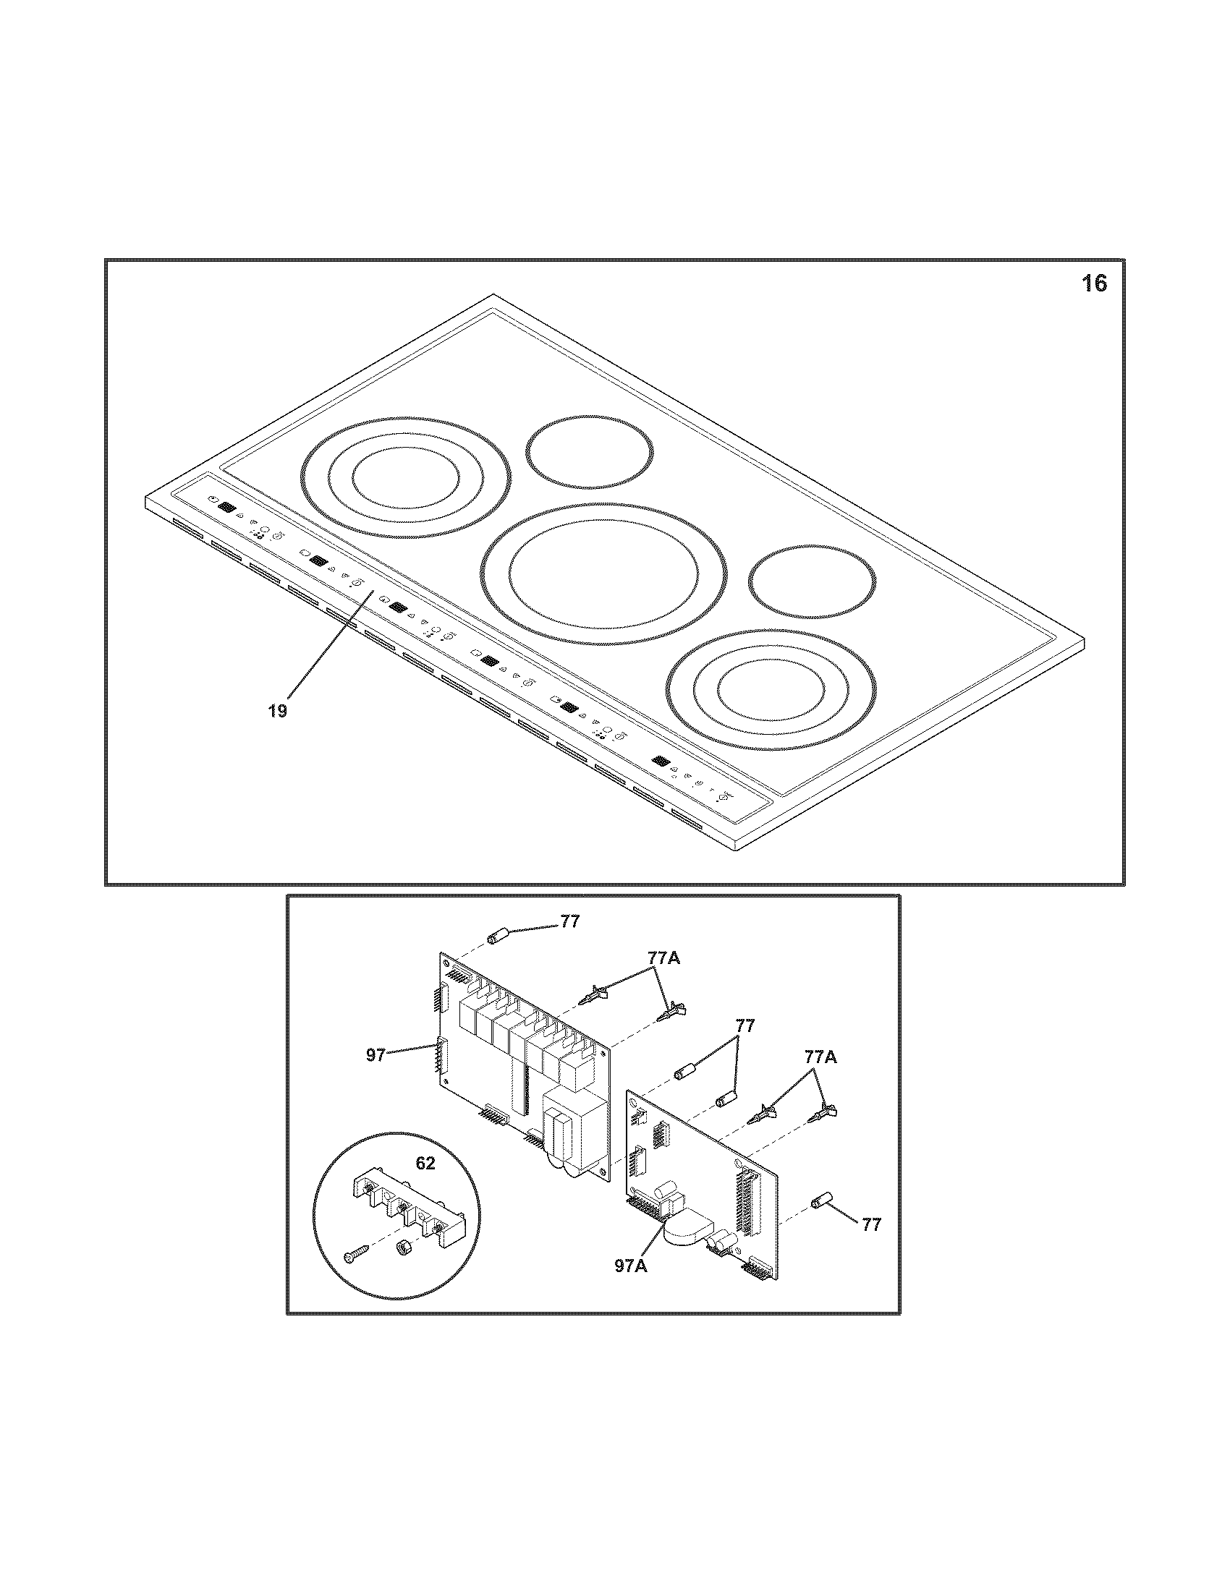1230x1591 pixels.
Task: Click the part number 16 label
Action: point(1093,283)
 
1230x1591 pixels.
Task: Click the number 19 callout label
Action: point(277,710)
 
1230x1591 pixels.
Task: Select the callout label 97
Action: point(376,1054)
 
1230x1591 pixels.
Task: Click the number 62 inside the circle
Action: point(425,1164)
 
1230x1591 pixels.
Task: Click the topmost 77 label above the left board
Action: point(570,921)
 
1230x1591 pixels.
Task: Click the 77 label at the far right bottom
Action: point(870,1225)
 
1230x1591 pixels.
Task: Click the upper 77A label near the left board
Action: point(663,959)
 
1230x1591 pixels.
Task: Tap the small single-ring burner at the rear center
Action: point(590,453)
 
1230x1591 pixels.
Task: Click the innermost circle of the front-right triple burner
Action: point(772,686)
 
